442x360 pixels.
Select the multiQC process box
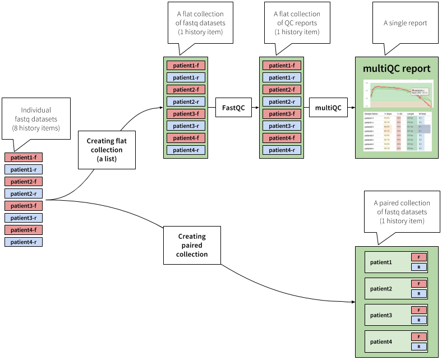[x=328, y=107]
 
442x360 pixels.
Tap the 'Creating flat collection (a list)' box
[x=107, y=150]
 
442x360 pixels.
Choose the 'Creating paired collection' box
[x=192, y=246]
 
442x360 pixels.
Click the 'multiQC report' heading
[x=397, y=69]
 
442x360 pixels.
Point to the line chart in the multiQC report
[x=398, y=94]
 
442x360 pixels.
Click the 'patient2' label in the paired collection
[x=381, y=289]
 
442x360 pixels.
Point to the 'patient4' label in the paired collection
[x=381, y=342]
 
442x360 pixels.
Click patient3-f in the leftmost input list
[x=24, y=206]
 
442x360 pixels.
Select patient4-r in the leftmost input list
[x=24, y=242]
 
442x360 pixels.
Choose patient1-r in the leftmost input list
[x=24, y=169]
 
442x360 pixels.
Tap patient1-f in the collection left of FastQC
[x=186, y=66]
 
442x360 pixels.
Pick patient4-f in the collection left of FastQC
[x=186, y=138]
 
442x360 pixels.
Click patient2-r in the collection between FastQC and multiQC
[x=282, y=101]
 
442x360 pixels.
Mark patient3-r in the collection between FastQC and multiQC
[x=282, y=126]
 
